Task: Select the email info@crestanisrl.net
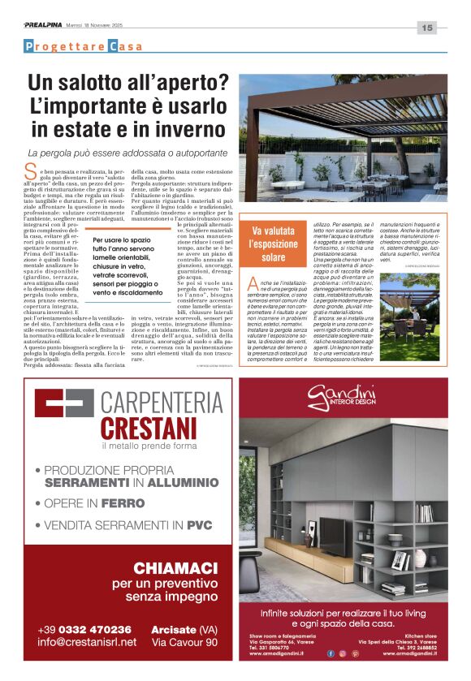[86, 642]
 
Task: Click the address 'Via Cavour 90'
[184, 642]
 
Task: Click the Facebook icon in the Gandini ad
[331, 653]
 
